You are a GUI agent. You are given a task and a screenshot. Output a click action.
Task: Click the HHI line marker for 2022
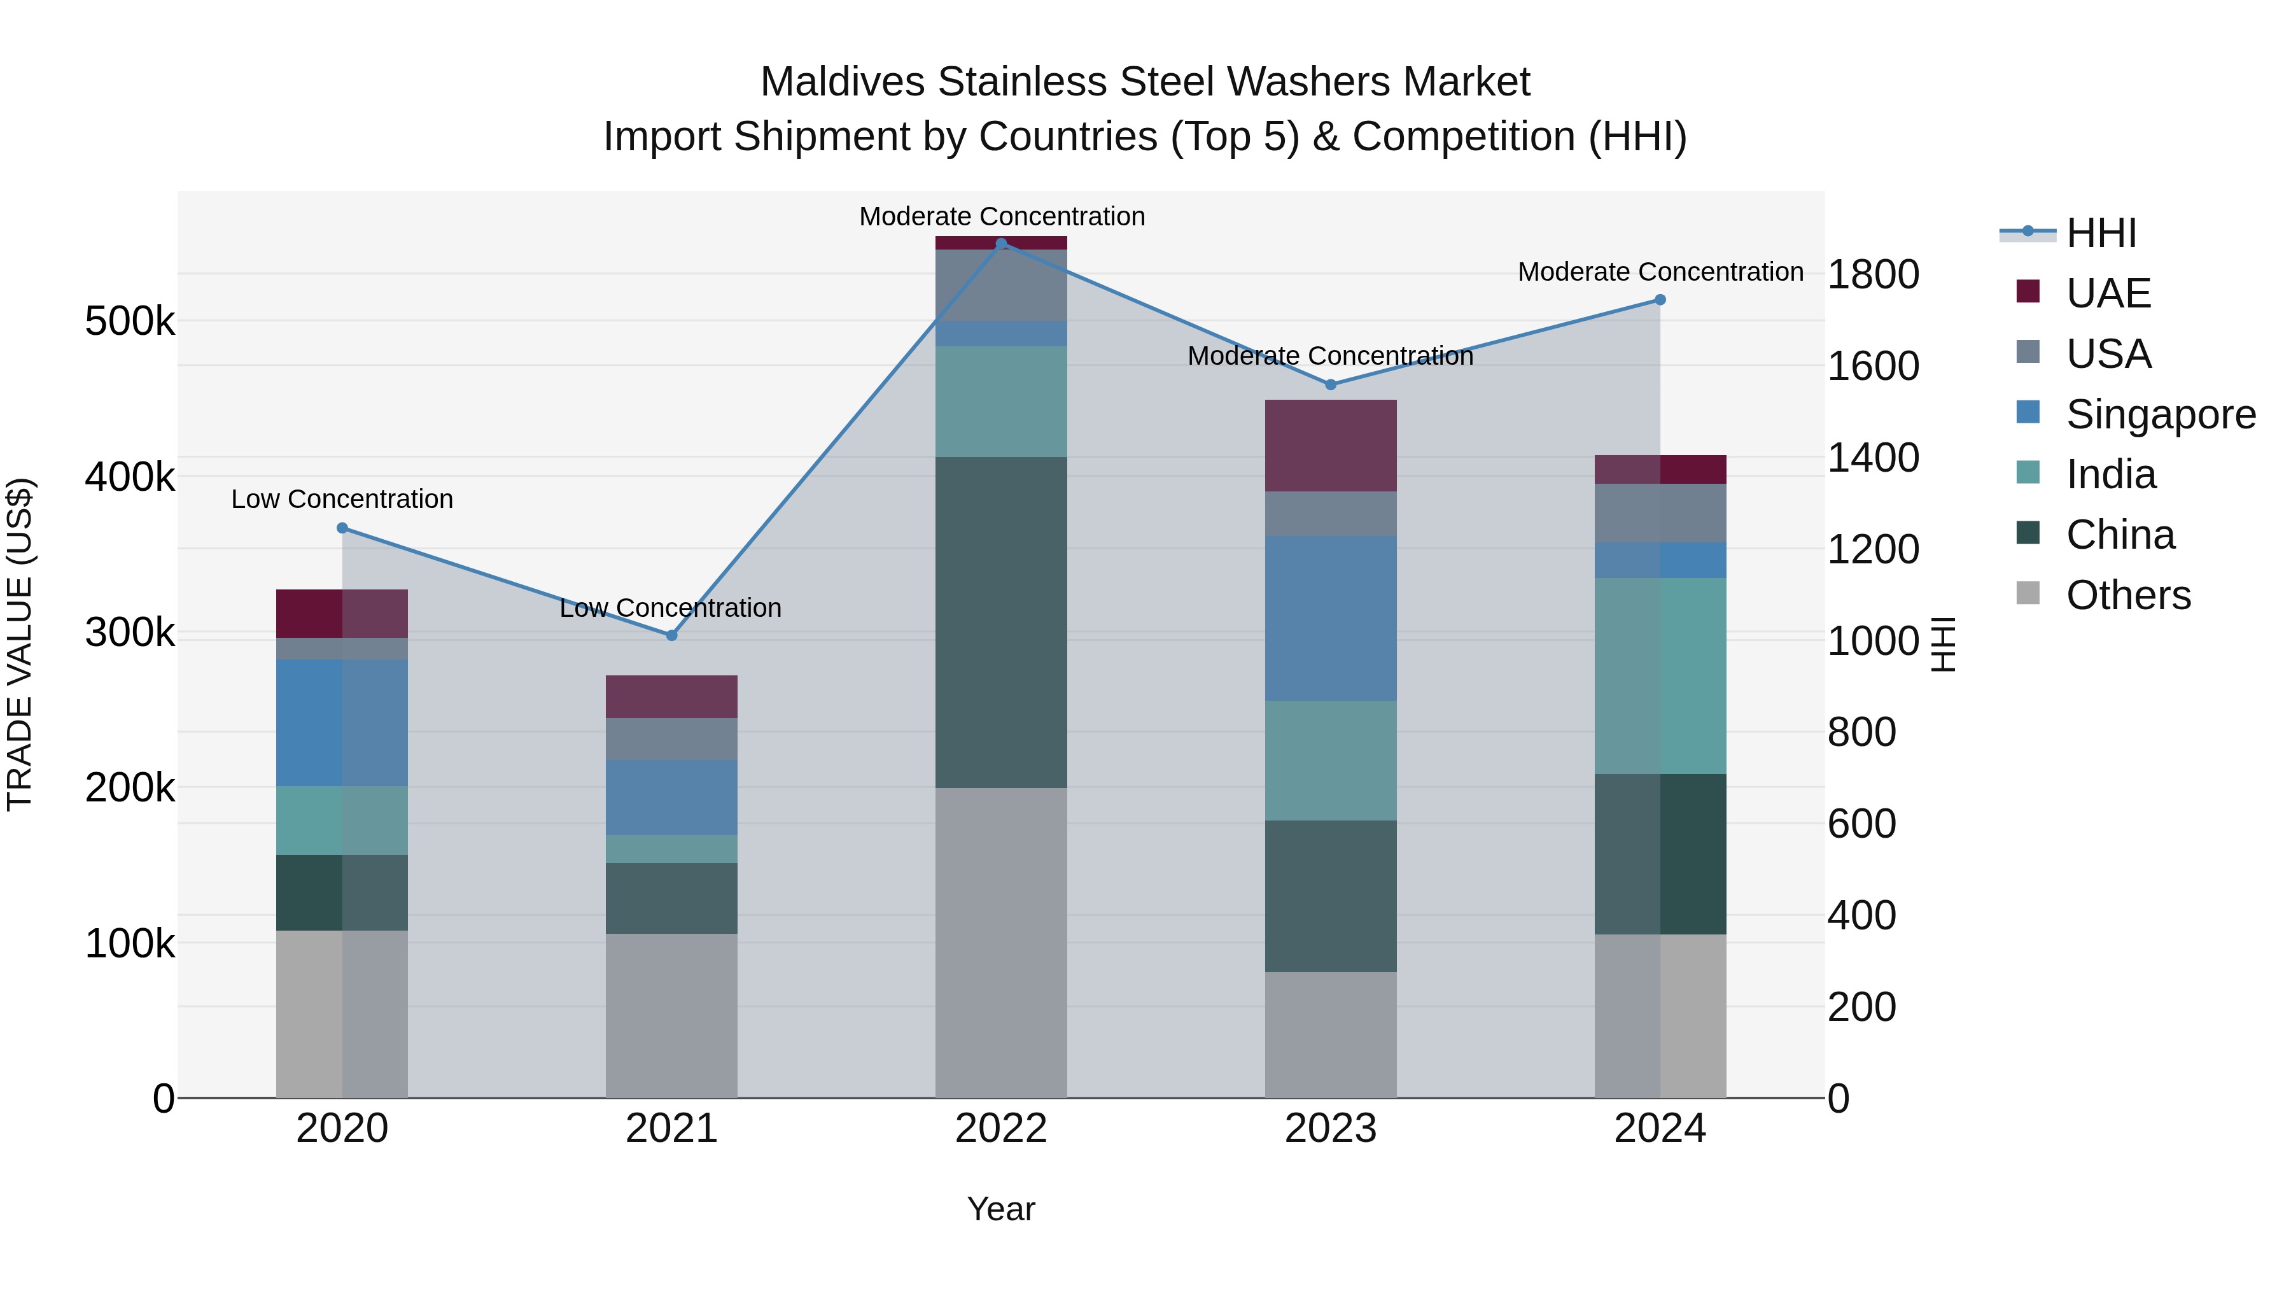(1002, 244)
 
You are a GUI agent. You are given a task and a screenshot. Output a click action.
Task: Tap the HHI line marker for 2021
(671, 635)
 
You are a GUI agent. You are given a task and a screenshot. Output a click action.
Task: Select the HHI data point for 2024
(1660, 300)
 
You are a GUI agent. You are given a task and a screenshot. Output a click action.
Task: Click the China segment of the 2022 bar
(1002, 622)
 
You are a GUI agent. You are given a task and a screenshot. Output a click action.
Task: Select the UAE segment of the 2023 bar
(1331, 446)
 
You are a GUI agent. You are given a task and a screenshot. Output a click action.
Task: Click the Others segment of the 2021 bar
(671, 1015)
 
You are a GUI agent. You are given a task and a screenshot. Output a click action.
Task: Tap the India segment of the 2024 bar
(1660, 675)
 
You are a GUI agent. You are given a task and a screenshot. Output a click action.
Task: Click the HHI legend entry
(2101, 233)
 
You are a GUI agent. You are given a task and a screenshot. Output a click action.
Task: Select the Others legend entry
(2127, 595)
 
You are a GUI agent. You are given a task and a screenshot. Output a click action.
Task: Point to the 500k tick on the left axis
(130, 321)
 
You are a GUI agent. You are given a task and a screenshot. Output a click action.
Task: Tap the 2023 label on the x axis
(1331, 1129)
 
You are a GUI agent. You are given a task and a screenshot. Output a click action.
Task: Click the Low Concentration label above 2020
(342, 499)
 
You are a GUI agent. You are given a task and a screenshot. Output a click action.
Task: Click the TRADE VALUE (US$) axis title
(20, 644)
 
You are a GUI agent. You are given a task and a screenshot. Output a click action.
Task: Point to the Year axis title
(1002, 1209)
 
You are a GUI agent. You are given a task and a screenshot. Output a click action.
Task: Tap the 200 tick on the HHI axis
(1861, 1007)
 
